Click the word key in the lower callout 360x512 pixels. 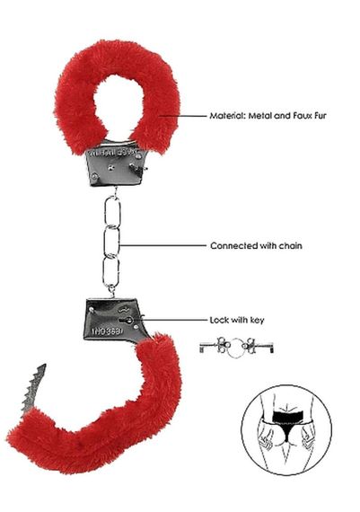coord(253,319)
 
